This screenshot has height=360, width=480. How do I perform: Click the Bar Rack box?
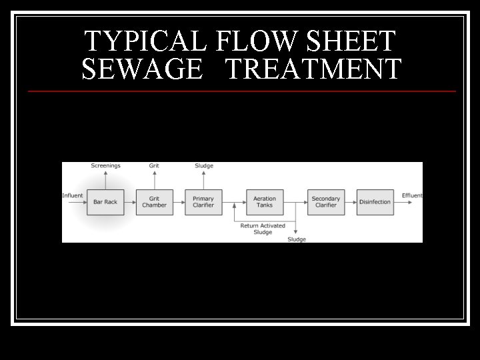coord(105,202)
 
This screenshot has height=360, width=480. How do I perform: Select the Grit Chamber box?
coord(154,202)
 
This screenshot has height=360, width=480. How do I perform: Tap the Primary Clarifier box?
coord(203,202)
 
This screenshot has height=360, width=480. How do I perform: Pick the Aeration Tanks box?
coord(265,202)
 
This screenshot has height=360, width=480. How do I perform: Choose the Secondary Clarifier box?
coord(326,202)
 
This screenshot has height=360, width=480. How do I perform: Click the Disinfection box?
coord(375,202)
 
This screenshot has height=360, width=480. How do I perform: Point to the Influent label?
coord(73,195)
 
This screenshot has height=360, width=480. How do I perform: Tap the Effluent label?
coord(412,195)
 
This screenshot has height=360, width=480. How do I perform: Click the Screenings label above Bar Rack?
coord(105,166)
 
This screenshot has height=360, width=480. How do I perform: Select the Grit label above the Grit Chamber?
coord(154,166)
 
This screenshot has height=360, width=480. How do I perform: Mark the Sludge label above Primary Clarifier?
coord(203,166)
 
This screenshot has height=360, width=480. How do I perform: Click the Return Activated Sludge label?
coord(263,229)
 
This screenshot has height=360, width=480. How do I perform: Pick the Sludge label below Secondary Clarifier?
coord(297,239)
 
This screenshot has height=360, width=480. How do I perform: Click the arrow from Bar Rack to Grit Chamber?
coord(129,202)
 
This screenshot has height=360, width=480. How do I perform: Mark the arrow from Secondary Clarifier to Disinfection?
coord(350,202)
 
